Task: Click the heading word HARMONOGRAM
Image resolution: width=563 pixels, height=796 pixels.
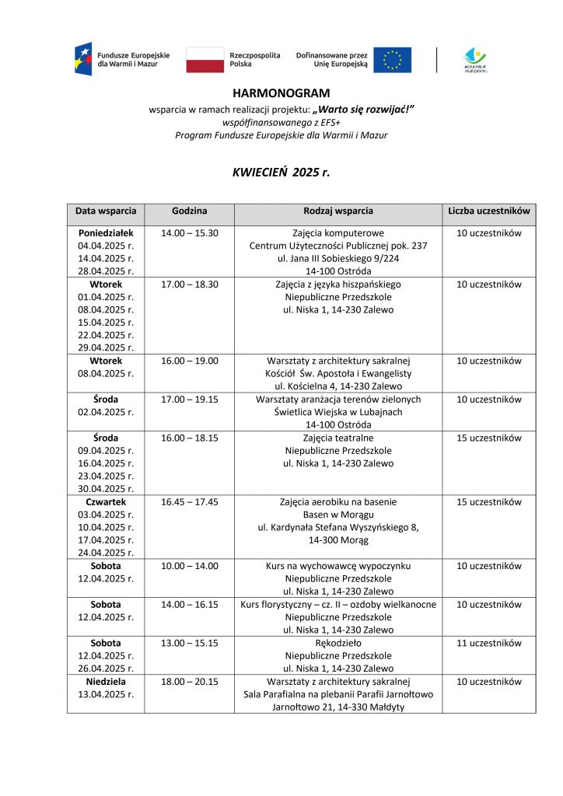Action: [281, 93]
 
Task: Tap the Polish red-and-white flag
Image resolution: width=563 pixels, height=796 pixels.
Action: [205, 60]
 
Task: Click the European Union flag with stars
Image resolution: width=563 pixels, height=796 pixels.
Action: [392, 60]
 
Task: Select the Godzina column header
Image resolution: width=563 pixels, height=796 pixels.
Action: [189, 211]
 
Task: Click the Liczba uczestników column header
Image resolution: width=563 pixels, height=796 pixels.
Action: [489, 211]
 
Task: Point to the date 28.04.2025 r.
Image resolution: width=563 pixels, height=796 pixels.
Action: [106, 271]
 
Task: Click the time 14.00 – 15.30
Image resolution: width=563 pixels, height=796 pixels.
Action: [189, 233]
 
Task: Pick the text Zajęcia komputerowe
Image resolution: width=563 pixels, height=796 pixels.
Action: [337, 233]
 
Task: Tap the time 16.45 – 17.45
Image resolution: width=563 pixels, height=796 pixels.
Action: [189, 502]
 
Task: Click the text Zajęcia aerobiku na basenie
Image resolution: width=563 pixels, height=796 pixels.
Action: [337, 502]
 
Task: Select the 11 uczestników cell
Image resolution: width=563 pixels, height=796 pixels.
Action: [489, 643]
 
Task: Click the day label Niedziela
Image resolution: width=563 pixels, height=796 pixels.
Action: [106, 682]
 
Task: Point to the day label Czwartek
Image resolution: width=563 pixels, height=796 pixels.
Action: [106, 502]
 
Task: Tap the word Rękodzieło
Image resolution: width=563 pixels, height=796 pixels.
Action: [337, 643]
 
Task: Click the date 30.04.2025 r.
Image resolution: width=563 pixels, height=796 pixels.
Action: [106, 489]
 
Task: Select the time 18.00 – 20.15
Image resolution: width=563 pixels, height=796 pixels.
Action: [189, 682]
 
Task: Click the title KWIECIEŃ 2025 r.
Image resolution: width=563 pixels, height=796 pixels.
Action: [281, 173]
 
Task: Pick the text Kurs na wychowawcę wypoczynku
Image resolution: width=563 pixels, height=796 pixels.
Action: [337, 566]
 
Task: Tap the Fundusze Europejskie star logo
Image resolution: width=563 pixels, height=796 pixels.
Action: [82, 60]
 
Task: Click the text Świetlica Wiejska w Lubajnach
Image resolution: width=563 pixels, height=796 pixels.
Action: [337, 412]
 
